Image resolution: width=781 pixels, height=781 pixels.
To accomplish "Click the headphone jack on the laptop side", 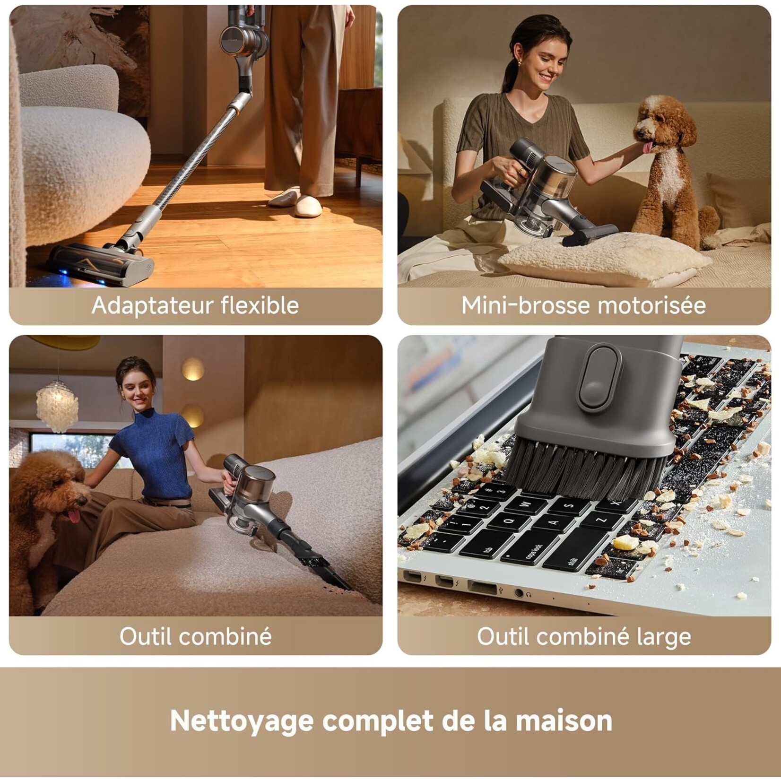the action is pyautogui.click(x=519, y=593).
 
